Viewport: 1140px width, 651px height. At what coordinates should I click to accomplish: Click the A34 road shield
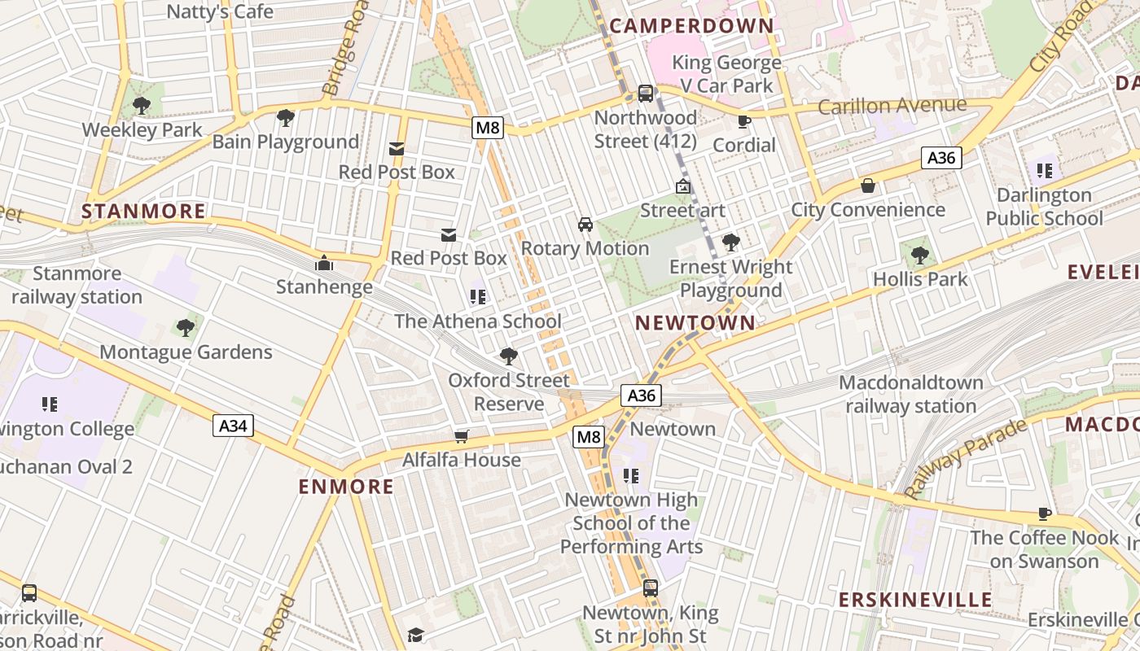pos(234,426)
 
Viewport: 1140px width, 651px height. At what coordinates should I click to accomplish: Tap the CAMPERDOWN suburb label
pos(691,25)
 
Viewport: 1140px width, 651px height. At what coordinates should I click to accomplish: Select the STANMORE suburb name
pos(143,212)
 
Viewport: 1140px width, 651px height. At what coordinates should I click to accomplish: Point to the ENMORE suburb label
pos(346,487)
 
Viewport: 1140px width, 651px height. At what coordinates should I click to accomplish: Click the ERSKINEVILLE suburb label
pos(916,600)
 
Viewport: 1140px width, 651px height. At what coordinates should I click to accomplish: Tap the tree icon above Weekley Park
pos(142,105)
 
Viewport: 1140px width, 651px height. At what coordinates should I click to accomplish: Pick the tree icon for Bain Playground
pos(285,118)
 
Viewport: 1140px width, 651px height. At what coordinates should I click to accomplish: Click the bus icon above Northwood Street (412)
pos(645,94)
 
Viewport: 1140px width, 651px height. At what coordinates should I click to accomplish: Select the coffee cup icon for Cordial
pos(743,121)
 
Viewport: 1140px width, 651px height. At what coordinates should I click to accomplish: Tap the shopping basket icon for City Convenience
pos(868,186)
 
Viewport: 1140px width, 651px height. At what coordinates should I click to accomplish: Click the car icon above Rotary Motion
pos(585,224)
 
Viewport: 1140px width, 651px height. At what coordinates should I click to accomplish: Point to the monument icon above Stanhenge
pos(324,263)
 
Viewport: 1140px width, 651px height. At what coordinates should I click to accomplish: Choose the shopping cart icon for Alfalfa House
pos(462,436)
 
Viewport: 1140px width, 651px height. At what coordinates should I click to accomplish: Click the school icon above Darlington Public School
pos(1044,171)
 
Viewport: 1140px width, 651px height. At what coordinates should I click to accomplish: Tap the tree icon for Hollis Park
pos(920,256)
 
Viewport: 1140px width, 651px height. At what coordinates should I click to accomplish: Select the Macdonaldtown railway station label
pos(910,394)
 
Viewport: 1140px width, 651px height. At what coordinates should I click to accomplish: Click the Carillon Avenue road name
pos(892,106)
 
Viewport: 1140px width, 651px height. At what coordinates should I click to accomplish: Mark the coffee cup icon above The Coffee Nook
pos(1045,513)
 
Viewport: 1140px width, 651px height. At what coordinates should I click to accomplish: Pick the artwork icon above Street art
pos(682,186)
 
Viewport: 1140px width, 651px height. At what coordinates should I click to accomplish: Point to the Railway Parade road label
pos(966,460)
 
